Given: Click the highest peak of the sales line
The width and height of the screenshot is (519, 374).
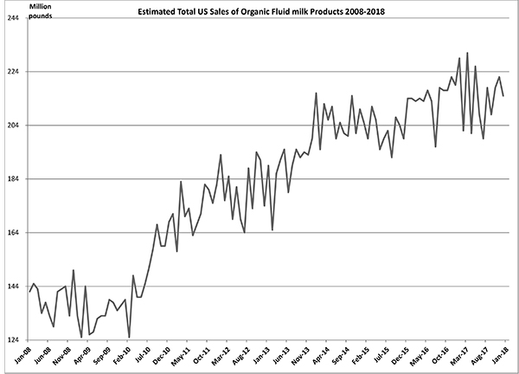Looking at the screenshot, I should pos(467,53).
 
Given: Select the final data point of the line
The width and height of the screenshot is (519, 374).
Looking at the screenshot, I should pos(503,95).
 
